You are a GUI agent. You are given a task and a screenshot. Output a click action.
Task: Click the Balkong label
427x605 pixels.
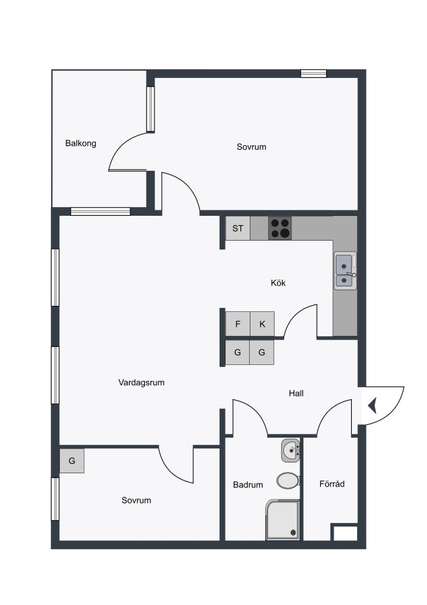[x=81, y=144]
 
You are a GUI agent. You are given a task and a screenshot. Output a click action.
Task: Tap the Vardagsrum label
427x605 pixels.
[x=142, y=382]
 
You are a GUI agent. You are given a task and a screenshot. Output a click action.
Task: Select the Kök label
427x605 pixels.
[x=278, y=283]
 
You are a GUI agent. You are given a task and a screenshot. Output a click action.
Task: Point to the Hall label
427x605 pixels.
[x=296, y=393]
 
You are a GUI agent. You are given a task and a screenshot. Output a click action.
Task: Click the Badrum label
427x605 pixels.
[x=248, y=485]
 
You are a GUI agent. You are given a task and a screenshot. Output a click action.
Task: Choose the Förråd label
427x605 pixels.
[x=332, y=483]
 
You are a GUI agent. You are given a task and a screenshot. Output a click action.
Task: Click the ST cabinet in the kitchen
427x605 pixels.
[x=238, y=228]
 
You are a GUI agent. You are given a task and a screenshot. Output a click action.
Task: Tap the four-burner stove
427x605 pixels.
[x=280, y=228]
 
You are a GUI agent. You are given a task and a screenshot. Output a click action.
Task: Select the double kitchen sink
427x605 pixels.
[x=345, y=271]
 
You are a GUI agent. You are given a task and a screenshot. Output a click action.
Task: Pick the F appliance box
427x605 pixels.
[x=238, y=324]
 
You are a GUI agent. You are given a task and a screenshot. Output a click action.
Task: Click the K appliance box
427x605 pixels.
[x=262, y=324]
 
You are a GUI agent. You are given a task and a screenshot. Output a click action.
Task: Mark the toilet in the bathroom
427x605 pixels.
[x=288, y=481]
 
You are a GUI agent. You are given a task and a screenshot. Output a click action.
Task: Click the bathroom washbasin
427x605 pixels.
[x=291, y=450]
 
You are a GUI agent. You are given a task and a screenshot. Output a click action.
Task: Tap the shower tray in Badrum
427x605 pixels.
[x=283, y=520]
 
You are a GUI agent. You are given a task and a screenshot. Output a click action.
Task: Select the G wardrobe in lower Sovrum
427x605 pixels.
[x=72, y=460]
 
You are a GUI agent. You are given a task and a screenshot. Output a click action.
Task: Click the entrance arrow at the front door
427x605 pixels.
[x=373, y=406]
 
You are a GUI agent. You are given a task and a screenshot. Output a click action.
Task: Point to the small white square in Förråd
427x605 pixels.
[x=345, y=533]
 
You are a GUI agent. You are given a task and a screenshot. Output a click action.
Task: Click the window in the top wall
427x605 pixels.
[x=314, y=73]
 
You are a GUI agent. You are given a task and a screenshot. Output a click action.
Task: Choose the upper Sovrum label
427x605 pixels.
[x=251, y=147]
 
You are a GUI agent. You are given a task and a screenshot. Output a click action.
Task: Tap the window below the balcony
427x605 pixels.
[x=101, y=212]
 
